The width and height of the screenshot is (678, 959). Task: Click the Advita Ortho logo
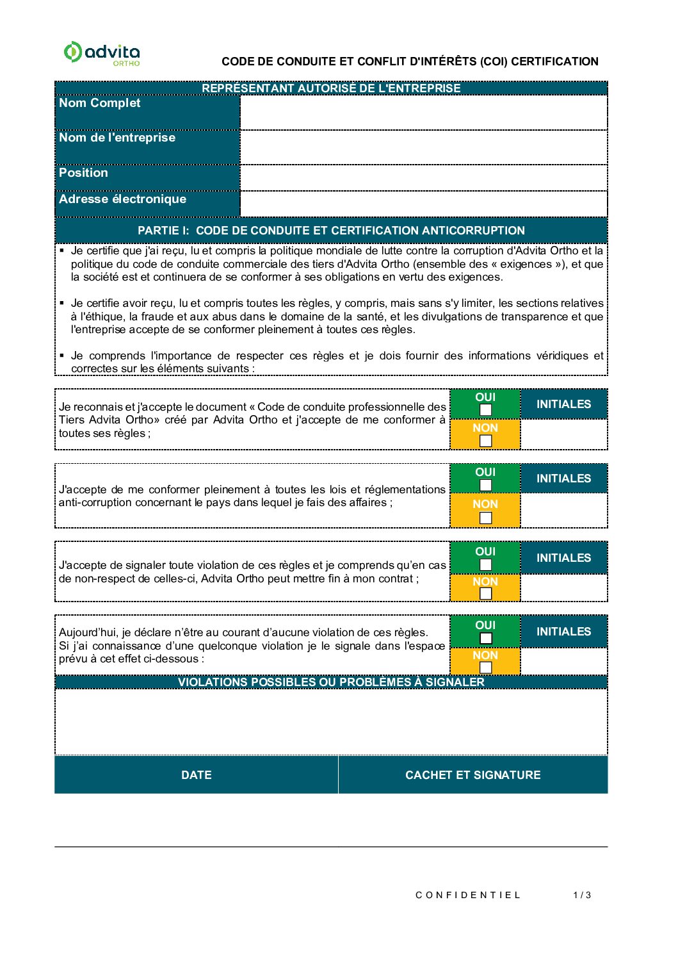tap(102, 53)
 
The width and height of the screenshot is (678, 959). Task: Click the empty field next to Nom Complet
tap(423, 112)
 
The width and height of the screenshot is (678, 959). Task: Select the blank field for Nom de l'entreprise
tap(423, 147)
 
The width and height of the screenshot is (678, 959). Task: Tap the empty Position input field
tap(423, 177)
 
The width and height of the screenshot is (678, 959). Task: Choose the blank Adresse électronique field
tap(423, 204)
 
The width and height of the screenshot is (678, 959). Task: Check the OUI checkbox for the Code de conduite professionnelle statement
tap(486, 410)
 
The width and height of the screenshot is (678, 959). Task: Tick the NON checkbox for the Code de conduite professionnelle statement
tap(486, 441)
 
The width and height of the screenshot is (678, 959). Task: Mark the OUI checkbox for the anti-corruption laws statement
tap(486, 485)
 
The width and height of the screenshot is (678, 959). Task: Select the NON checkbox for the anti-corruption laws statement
tap(486, 518)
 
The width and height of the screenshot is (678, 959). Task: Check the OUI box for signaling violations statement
tap(486, 564)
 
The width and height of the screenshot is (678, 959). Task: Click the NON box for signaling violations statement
tap(486, 594)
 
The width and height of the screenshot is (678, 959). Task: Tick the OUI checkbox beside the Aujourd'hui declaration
tap(486, 638)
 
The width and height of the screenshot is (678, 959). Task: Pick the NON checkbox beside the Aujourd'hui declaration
tap(486, 668)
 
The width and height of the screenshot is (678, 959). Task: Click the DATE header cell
tap(197, 775)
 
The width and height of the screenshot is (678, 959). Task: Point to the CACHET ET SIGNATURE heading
tap(472, 775)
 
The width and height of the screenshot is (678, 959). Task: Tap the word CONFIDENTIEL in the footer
tap(468, 895)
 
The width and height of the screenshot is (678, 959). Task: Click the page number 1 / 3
tap(582, 895)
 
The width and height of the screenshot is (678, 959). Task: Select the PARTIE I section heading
tap(331, 231)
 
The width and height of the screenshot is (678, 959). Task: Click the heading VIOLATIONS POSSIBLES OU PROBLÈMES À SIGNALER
tap(331, 682)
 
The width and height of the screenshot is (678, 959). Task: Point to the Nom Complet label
tap(100, 103)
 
